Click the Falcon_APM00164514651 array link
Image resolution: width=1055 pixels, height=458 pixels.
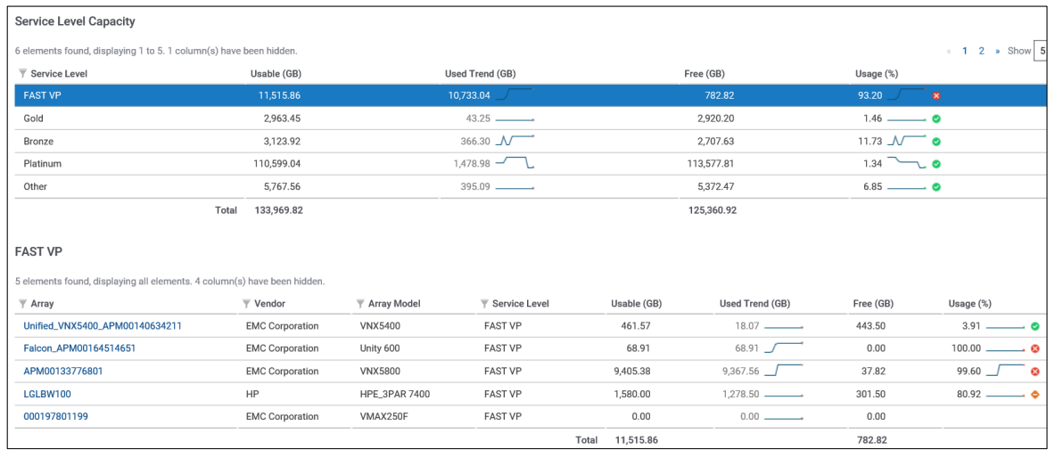(79, 348)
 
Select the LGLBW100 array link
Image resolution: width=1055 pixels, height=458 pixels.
(47, 394)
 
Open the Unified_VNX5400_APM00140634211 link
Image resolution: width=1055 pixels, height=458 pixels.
(102, 326)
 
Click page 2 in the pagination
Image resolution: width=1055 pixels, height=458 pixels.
(981, 51)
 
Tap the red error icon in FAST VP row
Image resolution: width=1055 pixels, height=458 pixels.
(936, 95)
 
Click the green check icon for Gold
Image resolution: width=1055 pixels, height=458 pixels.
(936, 119)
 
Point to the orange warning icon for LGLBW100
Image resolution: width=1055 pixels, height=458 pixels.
(1035, 394)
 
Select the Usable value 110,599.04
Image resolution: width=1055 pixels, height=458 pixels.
(276, 164)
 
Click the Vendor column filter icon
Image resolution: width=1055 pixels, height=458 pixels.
(245, 304)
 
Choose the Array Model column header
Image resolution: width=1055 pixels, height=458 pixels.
(394, 304)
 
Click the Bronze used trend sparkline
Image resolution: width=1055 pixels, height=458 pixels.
(515, 141)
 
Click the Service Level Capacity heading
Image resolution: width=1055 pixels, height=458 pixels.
(75, 20)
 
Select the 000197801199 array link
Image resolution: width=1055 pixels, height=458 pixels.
(55, 416)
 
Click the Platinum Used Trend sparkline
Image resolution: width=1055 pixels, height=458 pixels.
(515, 163)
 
